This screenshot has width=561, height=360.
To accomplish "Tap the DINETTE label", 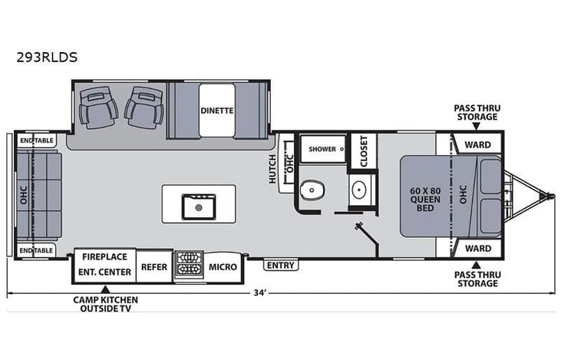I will tap(217, 110).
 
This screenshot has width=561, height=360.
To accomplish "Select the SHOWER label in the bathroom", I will tap(322, 149).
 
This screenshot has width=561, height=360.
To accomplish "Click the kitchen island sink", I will tap(199, 206).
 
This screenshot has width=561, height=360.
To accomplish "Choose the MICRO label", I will tap(223, 266).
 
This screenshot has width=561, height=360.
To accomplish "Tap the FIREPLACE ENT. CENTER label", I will tap(104, 266).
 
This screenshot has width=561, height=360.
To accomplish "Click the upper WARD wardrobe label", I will tap(478, 143).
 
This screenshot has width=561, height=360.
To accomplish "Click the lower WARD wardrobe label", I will tap(478, 249).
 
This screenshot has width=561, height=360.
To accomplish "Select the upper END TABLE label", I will tap(37, 141).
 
